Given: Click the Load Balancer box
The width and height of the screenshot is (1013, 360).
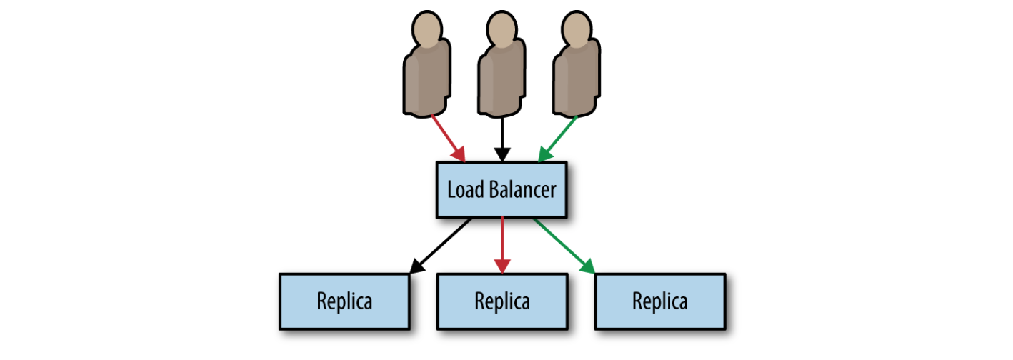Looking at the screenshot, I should click(501, 190).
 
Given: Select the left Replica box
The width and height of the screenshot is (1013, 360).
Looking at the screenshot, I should click(344, 301).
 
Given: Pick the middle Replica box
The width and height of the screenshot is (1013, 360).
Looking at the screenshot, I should click(502, 301).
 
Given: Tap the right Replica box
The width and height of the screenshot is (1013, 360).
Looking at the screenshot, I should click(660, 301).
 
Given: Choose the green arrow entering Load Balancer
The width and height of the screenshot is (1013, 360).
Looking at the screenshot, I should click(559, 137).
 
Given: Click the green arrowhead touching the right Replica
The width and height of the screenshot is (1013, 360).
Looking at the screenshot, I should click(587, 266).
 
